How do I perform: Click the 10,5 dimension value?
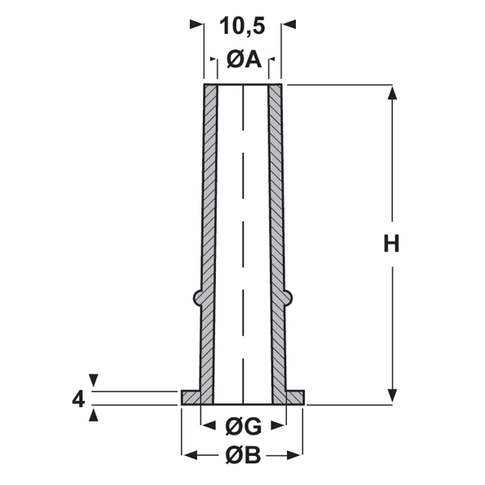click(242, 26)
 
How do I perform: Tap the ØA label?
click(244, 59)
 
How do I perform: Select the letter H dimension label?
click(391, 244)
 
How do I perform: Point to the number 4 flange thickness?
click(78, 399)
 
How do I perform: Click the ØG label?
click(243, 427)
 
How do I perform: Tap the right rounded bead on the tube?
click(288, 297)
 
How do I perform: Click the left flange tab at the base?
click(191, 398)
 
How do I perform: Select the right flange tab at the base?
click(295, 398)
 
